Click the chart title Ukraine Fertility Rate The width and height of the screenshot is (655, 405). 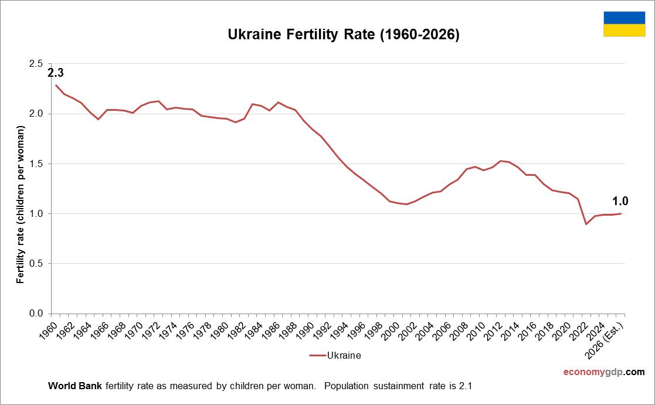coord(343,35)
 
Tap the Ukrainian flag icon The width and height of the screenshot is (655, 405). coord(624,24)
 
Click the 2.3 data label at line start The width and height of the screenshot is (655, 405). coord(55,73)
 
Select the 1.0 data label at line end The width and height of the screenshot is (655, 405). coord(620,201)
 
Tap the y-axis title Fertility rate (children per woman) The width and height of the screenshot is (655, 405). coord(21,205)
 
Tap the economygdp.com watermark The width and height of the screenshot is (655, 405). coord(603,372)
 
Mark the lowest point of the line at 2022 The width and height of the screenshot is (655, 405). coord(586,224)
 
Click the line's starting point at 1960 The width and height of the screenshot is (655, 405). coord(56,85)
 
